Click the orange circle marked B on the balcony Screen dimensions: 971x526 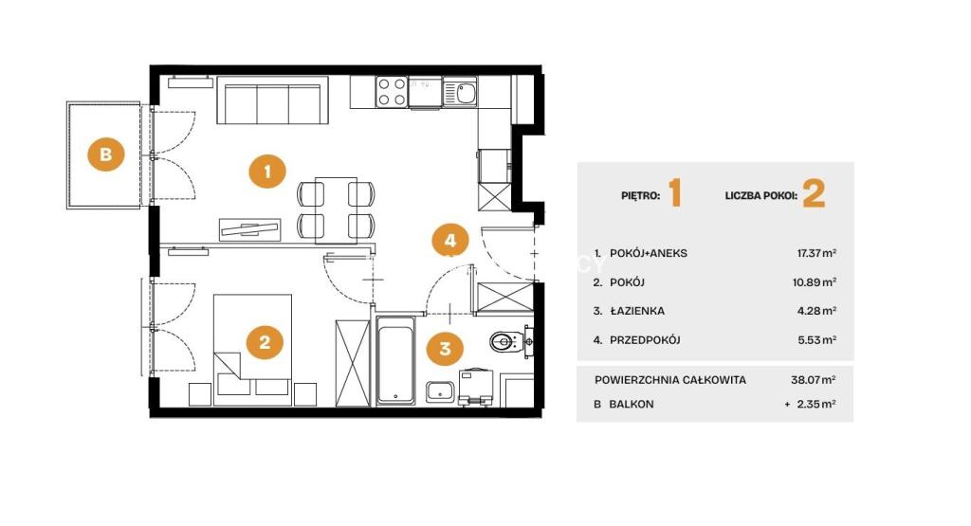pos(106,154)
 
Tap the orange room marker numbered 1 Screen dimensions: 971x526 pos(266,172)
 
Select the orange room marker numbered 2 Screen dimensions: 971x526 pos(265,342)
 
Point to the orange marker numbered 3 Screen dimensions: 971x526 pos(445,349)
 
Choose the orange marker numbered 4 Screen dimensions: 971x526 pos(450,240)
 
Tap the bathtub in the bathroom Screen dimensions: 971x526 pos(395,361)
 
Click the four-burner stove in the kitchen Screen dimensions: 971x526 pos(392,92)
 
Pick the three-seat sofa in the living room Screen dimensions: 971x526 pos(272,100)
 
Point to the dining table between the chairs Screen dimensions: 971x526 pos(337,210)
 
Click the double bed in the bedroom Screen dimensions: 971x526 pos(252,350)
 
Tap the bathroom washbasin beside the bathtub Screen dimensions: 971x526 pos(440,392)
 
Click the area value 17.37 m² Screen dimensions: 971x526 pos(816,253)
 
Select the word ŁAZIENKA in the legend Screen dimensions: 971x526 pos(637,311)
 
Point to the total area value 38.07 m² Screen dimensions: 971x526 pos(813,380)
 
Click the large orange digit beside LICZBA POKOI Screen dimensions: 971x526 pos(814,194)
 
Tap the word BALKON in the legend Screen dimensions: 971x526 pos(631,404)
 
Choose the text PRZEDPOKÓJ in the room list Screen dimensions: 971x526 pos(645,339)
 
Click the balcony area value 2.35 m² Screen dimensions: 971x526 pos(816,404)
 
